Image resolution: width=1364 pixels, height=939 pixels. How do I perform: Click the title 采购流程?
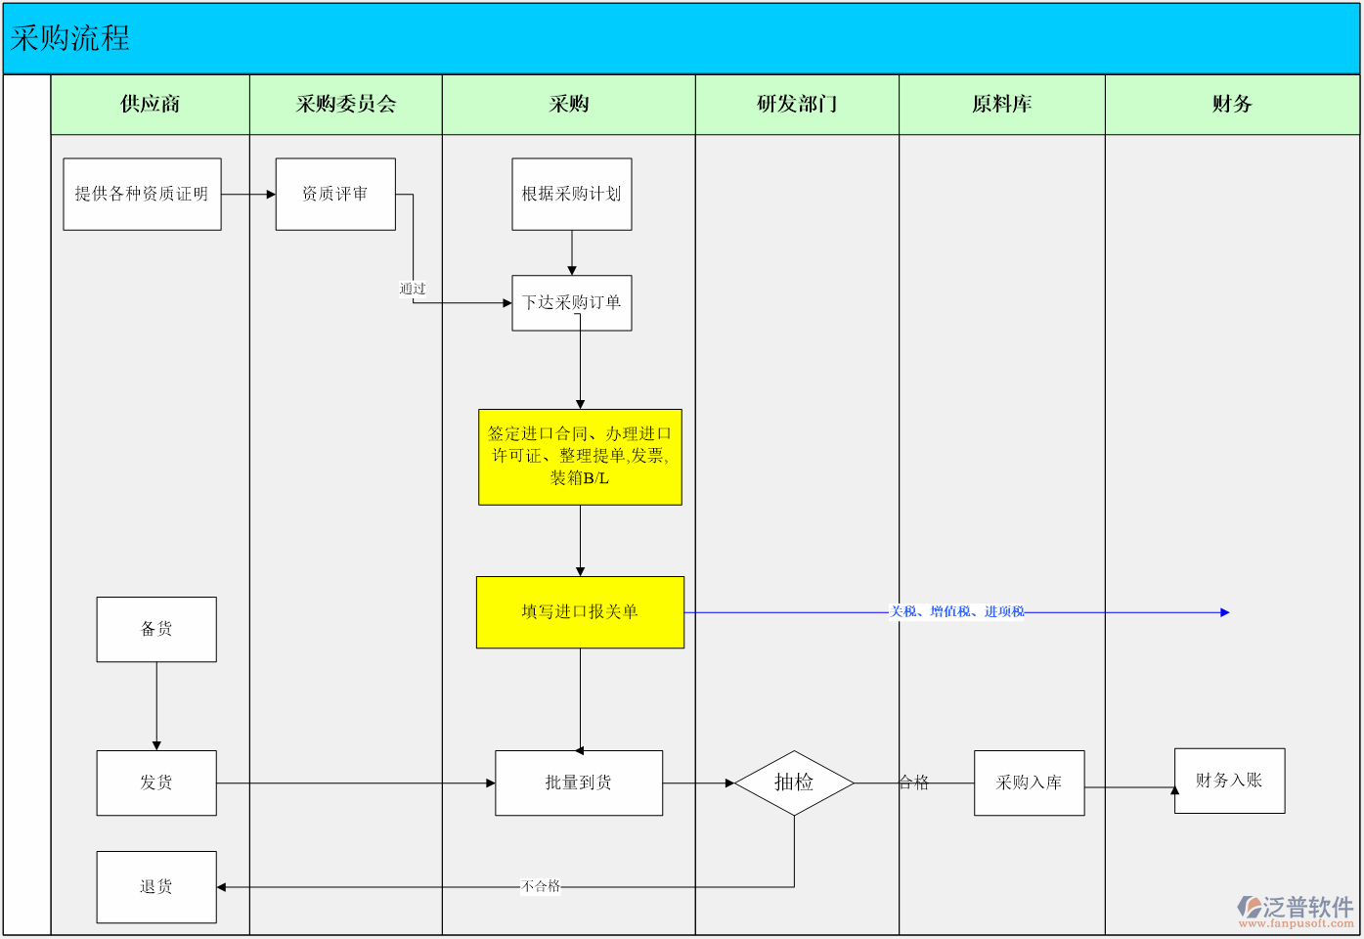pos(70,38)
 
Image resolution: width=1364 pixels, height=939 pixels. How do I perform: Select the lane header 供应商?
pos(150,104)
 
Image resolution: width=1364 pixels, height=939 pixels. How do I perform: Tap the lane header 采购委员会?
pos(346,104)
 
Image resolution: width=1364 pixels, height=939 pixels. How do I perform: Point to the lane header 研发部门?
pos(797,104)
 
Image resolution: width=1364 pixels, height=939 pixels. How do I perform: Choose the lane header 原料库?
pos(1001,104)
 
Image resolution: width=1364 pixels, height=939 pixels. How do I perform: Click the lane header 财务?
pos(1232,104)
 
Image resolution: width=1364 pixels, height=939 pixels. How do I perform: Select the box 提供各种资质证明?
pos(142,194)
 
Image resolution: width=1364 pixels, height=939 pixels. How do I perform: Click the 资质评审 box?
pos(335,194)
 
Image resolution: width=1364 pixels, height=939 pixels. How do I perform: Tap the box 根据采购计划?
pos(572,194)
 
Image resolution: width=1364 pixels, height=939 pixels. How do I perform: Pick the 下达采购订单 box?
pos(572,303)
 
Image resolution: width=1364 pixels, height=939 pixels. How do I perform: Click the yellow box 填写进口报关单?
pos(580,612)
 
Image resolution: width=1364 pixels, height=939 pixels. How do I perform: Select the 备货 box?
pos(156,629)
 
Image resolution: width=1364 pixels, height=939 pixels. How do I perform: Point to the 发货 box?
pos(156,782)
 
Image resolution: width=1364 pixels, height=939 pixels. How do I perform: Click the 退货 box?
pos(156,887)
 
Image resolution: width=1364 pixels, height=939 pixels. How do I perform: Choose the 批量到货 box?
pos(579,782)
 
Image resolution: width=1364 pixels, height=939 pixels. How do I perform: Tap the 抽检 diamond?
pos(794,782)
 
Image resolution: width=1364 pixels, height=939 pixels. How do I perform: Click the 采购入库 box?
pos(1029,782)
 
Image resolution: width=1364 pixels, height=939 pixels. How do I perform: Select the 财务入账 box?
pos(1229,781)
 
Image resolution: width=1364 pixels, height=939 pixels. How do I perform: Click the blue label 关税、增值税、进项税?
pos(956,612)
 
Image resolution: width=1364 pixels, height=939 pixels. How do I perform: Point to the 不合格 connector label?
pos(541,886)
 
